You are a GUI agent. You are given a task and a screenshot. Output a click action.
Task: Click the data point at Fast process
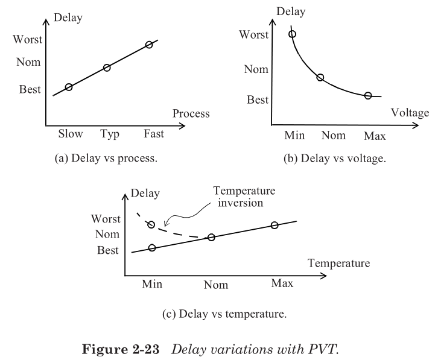pos(149,45)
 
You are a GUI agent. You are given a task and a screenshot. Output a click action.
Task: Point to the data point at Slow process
pos(69,87)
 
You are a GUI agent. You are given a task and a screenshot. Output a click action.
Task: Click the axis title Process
pos(191,113)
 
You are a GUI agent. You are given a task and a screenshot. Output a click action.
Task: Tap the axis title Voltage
pos(410,113)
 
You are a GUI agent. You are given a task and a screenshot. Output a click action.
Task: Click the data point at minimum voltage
pos(293,34)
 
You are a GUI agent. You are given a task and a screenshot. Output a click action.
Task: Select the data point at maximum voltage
pos(368,95)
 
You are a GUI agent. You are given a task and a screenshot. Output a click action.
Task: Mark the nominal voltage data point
pos(320,77)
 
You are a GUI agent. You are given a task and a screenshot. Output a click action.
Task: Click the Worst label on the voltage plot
pos(254,34)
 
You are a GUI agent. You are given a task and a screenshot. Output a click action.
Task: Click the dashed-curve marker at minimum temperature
pos(151,225)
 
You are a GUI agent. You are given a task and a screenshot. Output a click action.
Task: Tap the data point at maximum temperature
pos(275,225)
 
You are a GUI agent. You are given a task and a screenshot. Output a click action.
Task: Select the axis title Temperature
pos(338,264)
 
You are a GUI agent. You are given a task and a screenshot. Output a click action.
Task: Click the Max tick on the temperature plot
pos(282,283)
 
